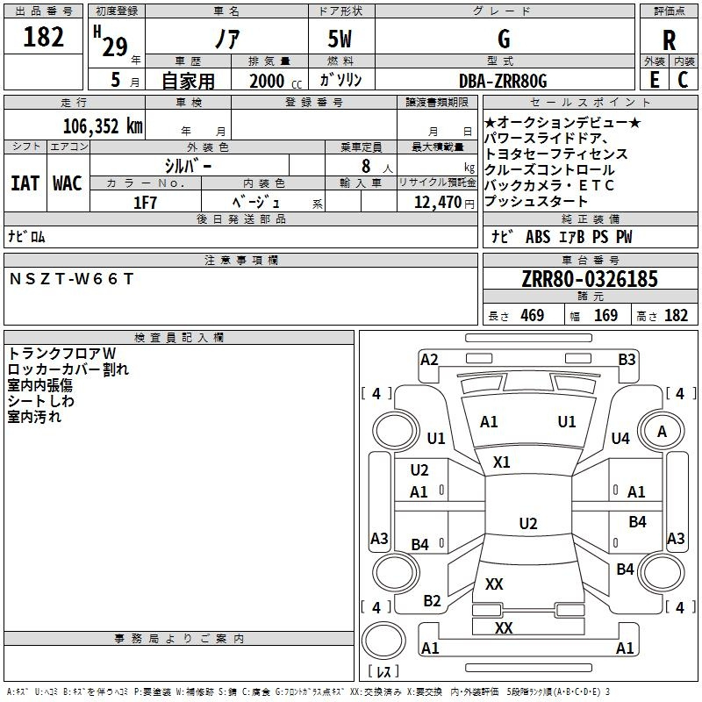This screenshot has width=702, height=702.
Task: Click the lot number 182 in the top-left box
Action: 44,37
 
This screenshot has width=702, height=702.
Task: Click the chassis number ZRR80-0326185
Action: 590,280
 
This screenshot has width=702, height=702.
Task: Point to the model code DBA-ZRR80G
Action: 503,81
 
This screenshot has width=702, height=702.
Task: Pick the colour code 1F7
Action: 145,203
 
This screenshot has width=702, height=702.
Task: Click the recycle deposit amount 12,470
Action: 435,203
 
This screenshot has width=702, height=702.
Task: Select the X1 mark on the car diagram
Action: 502,462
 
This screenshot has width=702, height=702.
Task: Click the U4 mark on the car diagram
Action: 620,438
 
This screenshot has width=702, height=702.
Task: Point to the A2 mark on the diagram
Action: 429,359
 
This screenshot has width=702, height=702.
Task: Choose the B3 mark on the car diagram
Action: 627,359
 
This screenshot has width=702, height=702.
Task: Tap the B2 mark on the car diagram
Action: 432,601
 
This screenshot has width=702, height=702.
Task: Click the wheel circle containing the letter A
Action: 663,431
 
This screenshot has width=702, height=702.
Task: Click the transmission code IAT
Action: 25,183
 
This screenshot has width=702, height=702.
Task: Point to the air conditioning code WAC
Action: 68,183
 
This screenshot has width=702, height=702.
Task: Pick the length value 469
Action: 532,316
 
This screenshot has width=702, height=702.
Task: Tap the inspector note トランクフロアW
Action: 61,353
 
